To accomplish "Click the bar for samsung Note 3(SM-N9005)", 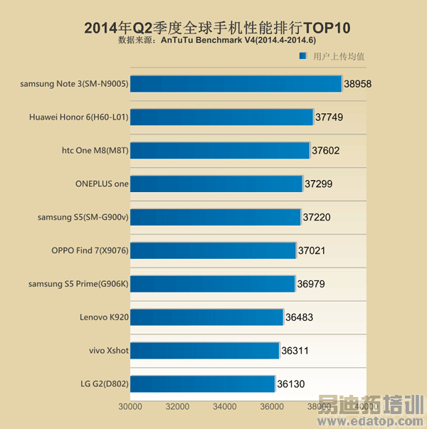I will tap(236, 84).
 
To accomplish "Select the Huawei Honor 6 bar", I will tap(221, 117).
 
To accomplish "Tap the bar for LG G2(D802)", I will tap(203, 384).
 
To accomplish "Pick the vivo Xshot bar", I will tap(204, 351).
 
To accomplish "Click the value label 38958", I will tap(357, 84).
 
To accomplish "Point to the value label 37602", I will tap(326, 151).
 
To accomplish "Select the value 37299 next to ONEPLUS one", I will tap(318, 184).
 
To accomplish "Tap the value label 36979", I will tap(312, 284).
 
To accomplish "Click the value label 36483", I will tap(299, 317).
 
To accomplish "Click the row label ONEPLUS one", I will tap(102, 184).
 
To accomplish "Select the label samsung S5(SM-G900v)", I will tap(83, 217).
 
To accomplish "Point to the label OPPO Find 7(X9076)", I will tap(90, 250).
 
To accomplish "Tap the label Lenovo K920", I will tap(105, 317).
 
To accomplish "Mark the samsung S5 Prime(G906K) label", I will tap(78, 284).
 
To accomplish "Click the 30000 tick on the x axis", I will tap(130, 407).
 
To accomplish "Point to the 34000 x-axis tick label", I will tap(224, 407).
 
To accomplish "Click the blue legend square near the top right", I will tap(302, 56).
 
